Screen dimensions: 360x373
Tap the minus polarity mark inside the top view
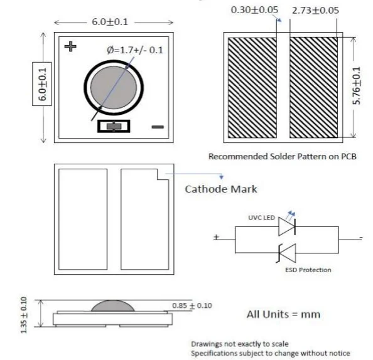pyautogui.click(x=158, y=127)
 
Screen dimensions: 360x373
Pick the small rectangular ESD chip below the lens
pyautogui.click(x=114, y=127)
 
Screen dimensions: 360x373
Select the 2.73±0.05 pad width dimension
pyautogui.click(x=316, y=11)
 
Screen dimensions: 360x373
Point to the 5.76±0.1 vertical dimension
pyautogui.click(x=358, y=87)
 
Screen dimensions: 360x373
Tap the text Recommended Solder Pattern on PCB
pyautogui.click(x=282, y=156)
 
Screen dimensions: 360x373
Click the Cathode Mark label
pyautogui.click(x=220, y=189)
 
